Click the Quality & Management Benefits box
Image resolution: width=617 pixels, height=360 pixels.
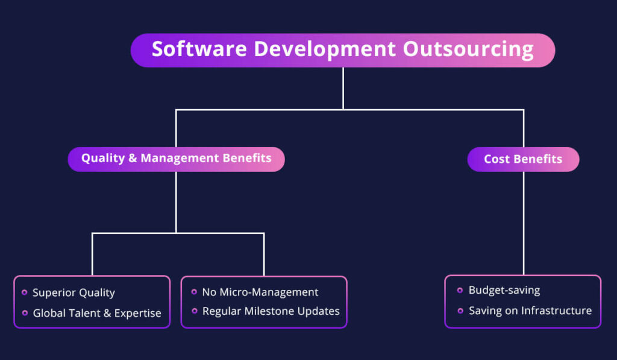click(x=176, y=159)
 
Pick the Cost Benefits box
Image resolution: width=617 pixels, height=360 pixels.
click(x=523, y=160)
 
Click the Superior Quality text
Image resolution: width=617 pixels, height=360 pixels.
click(x=74, y=293)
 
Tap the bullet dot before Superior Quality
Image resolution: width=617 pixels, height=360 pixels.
click(x=24, y=292)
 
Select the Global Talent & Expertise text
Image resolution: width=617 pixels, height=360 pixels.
click(x=97, y=313)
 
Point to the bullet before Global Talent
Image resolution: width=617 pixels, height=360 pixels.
click(x=24, y=313)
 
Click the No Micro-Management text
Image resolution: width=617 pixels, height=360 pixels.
click(x=260, y=292)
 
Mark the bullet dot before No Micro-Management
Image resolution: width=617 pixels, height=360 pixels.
click(x=194, y=292)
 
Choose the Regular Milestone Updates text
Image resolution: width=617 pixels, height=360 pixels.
click(x=271, y=312)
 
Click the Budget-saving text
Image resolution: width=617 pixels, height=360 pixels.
click(x=504, y=290)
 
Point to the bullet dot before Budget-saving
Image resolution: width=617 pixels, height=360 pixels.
click(x=460, y=290)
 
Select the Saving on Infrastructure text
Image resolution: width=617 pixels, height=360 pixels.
click(x=530, y=311)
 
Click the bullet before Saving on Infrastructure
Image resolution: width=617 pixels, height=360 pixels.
click(x=460, y=311)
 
